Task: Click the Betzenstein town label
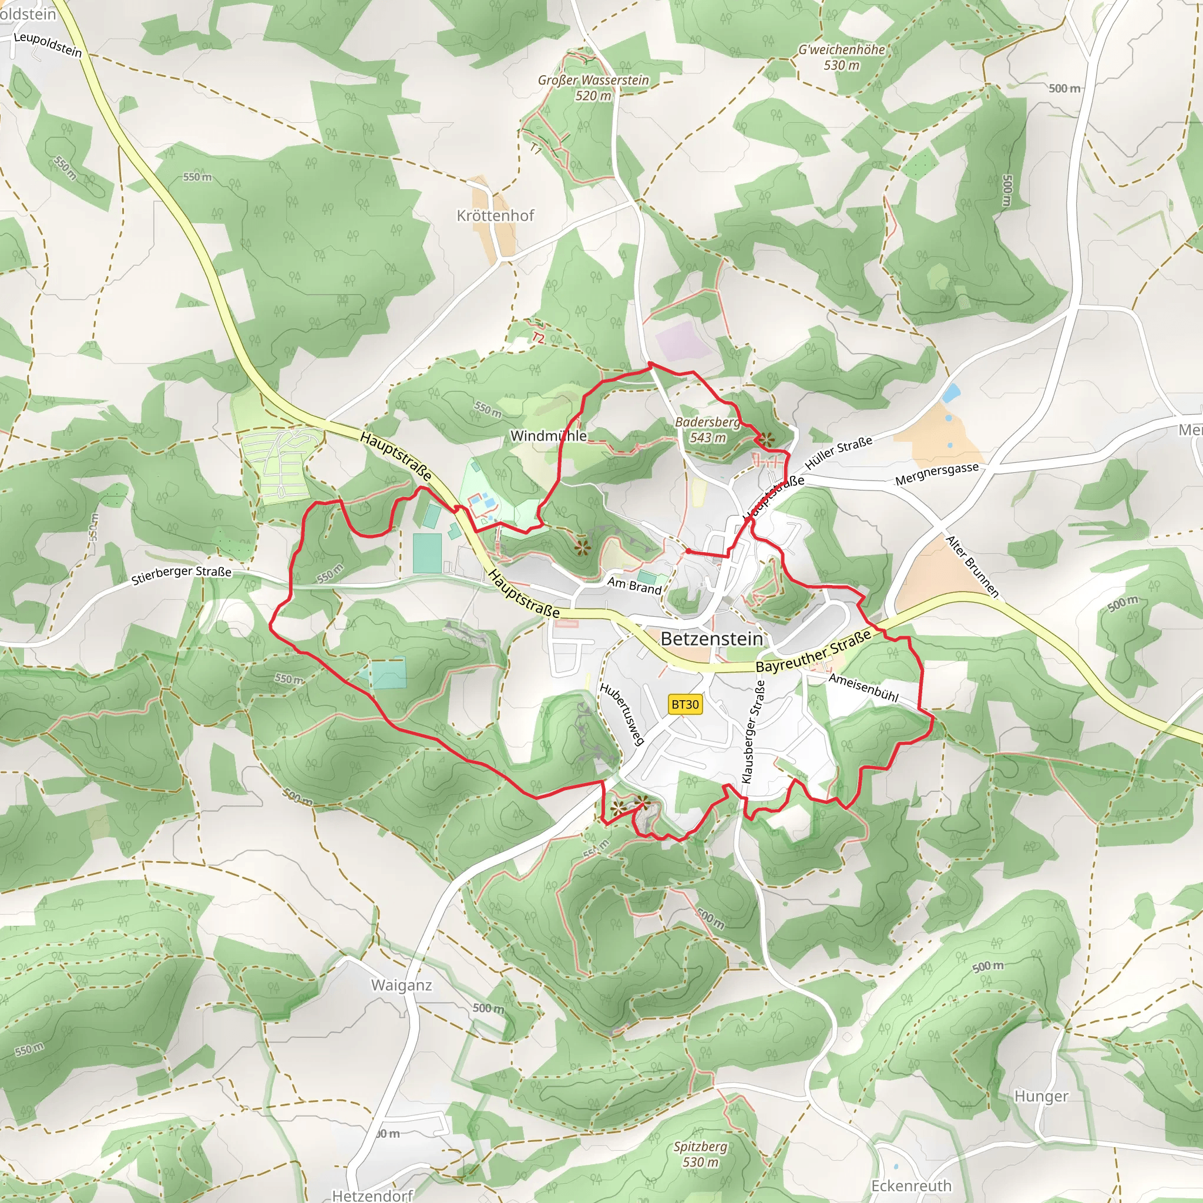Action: tap(711, 639)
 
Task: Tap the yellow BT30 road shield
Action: tap(685, 704)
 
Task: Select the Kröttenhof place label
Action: tap(495, 216)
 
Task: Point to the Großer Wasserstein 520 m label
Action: tap(593, 88)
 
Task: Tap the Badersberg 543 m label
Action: tap(708, 429)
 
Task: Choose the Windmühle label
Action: tap(548, 436)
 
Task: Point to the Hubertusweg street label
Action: tap(621, 714)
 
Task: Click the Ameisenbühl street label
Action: tap(863, 688)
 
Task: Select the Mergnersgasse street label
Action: tap(936, 474)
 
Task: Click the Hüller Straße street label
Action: tap(838, 453)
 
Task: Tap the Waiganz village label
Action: tap(401, 985)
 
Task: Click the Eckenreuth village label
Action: tap(911, 1185)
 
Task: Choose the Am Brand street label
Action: tap(634, 585)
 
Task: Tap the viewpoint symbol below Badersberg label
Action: tap(766, 439)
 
